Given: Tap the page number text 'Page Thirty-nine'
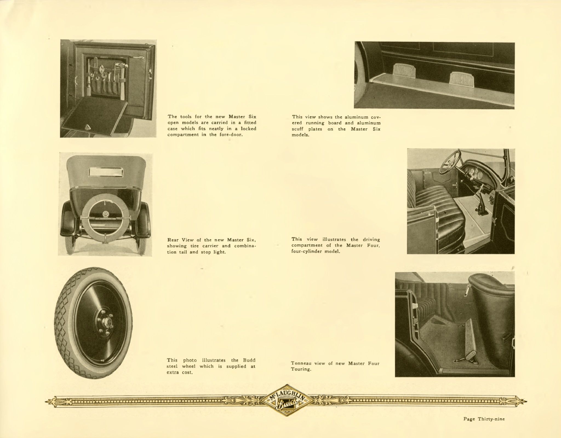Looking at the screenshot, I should (484, 419).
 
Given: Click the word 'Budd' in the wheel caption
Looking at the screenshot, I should (249, 360).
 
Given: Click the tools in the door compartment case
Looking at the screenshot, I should (105, 78).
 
